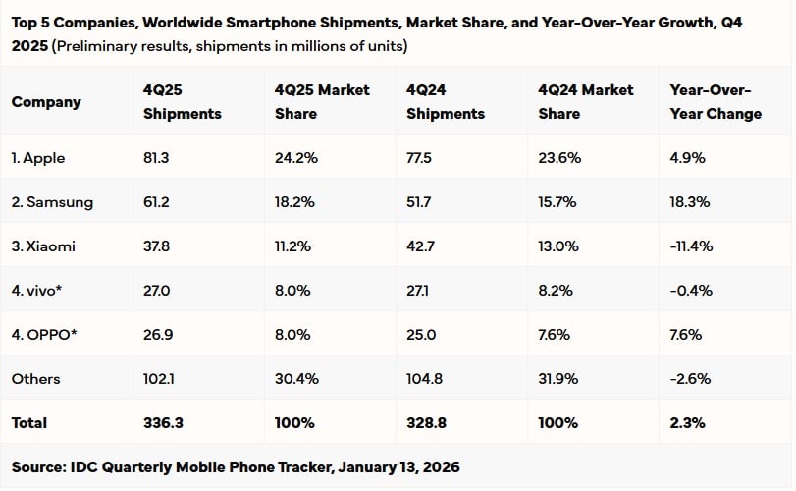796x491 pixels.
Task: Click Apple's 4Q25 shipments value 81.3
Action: [x=158, y=157]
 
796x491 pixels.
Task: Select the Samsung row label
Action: [x=53, y=202]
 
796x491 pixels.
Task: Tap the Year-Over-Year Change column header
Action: [x=715, y=101]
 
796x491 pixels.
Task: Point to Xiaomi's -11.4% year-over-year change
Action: [x=691, y=246]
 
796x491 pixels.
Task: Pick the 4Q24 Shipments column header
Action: [x=445, y=101]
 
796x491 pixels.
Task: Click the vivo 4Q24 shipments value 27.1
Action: [x=421, y=291]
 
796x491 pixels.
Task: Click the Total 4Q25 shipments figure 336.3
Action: [x=162, y=423]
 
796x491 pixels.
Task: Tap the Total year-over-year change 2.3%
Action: [x=686, y=423]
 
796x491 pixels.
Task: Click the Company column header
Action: [x=46, y=101]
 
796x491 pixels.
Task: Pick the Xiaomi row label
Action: [x=43, y=246]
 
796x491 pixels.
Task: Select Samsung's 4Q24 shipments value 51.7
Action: [x=421, y=202]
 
